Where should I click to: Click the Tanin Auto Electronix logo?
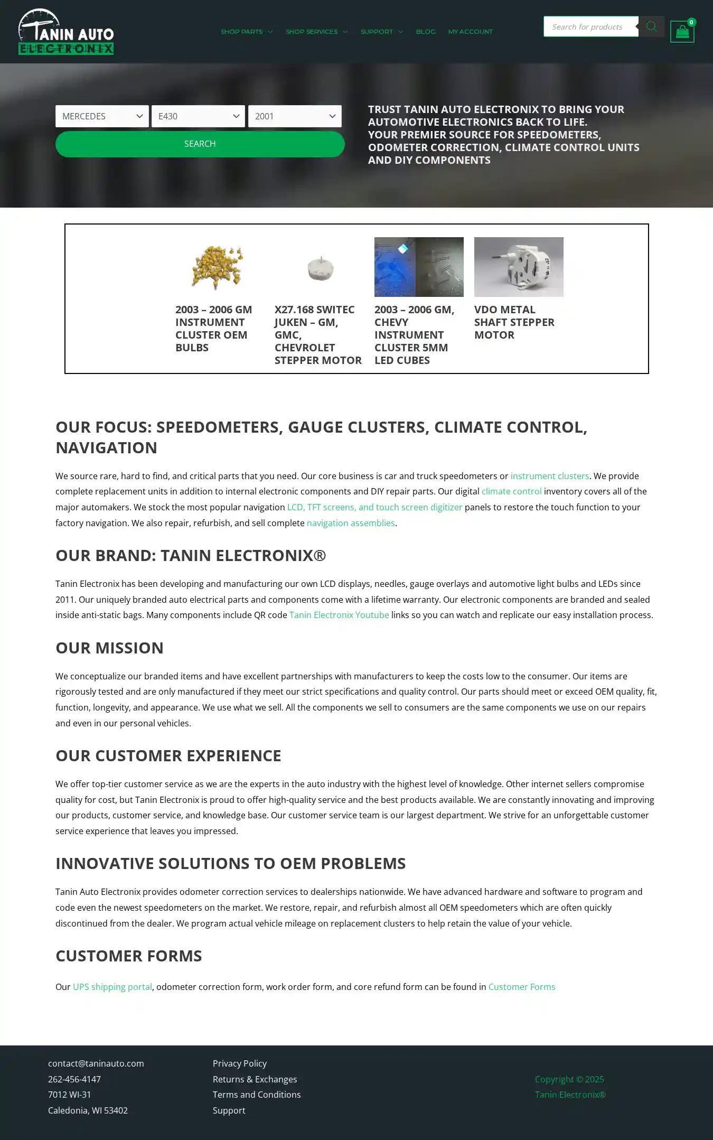click(x=66, y=32)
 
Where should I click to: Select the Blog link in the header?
click(x=426, y=32)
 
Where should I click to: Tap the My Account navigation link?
click(x=470, y=32)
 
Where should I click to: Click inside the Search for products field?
click(x=590, y=27)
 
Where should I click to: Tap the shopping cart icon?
click(x=682, y=32)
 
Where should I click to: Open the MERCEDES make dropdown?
click(x=102, y=116)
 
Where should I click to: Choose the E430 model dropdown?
click(x=198, y=116)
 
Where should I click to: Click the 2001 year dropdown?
click(x=295, y=116)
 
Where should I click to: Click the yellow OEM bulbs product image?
click(x=218, y=267)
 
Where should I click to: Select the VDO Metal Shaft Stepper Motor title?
click(x=514, y=322)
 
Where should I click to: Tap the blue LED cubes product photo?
click(x=418, y=267)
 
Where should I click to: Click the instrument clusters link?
click(x=549, y=476)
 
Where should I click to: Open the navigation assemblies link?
click(x=351, y=523)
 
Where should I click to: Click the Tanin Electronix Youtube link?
click(x=339, y=615)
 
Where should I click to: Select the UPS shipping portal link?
click(x=112, y=987)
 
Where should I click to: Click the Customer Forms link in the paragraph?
click(x=521, y=987)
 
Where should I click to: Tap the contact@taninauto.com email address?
click(x=96, y=1063)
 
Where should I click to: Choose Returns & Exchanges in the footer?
click(x=255, y=1079)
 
